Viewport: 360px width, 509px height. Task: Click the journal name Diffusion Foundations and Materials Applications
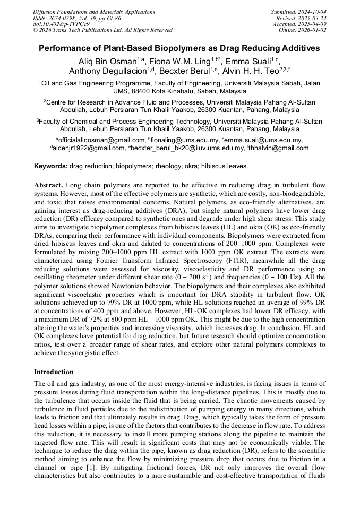point(91,12)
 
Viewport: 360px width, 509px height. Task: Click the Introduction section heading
point(54,372)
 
